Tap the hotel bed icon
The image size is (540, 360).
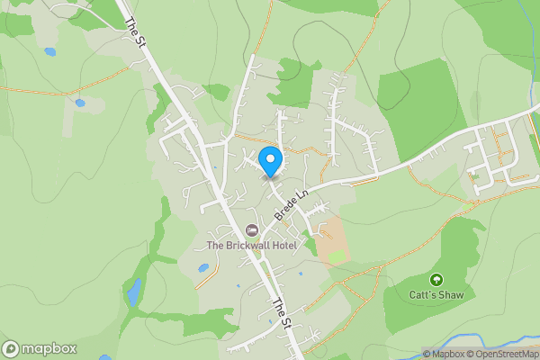click(x=251, y=229)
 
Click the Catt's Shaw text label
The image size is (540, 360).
click(x=437, y=295)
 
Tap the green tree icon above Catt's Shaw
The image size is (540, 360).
click(x=437, y=280)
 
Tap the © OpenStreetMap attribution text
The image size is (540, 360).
click(x=500, y=354)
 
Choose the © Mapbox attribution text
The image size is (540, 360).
click(x=443, y=354)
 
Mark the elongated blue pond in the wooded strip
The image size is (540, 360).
click(x=134, y=292)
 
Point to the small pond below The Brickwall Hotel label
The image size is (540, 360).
click(x=203, y=267)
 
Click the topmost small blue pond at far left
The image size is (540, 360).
click(x=49, y=51)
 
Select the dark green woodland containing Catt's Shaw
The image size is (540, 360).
click(x=450, y=270)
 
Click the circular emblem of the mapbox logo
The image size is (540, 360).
click(x=11, y=349)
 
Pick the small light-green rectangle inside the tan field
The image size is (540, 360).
click(x=336, y=257)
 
